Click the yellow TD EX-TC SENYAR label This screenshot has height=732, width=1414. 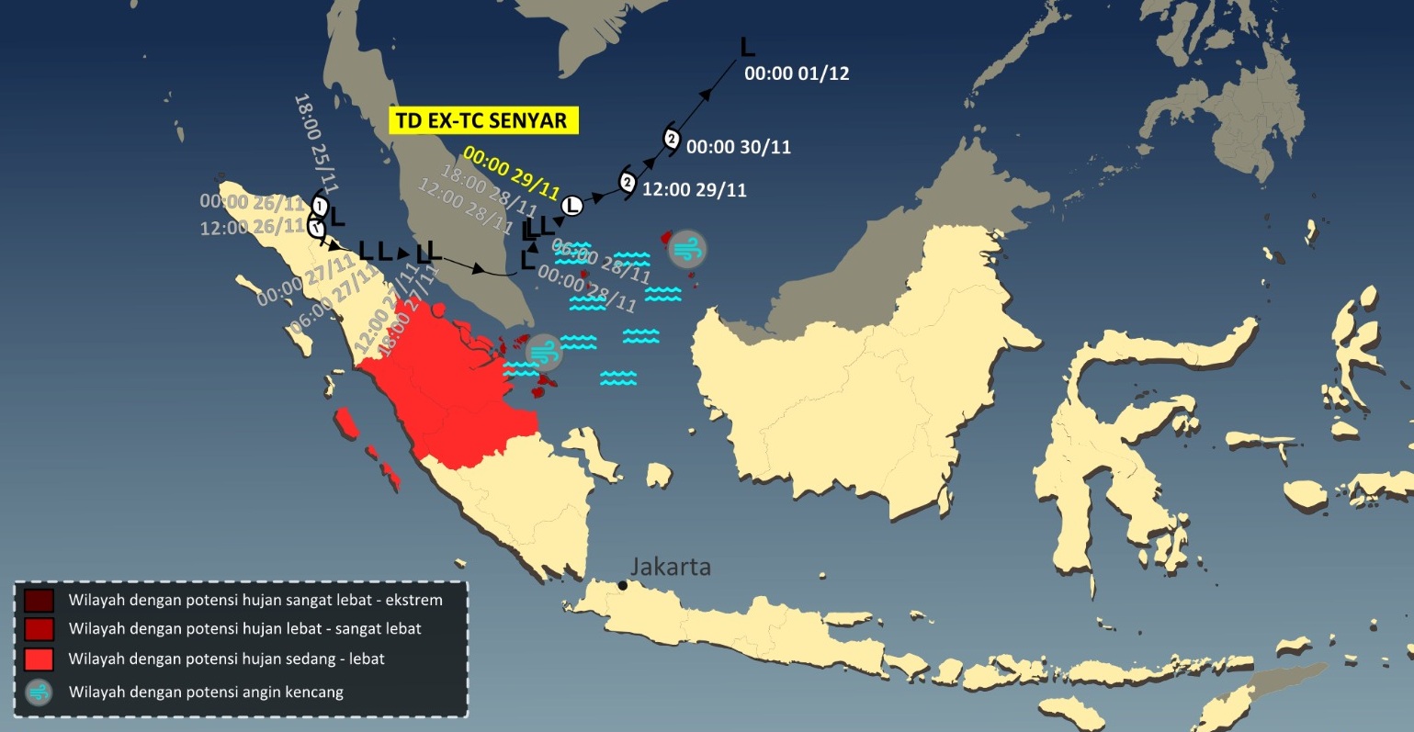(x=481, y=120)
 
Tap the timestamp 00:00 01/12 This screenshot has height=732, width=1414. (x=797, y=73)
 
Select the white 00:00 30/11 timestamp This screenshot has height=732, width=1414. (x=739, y=147)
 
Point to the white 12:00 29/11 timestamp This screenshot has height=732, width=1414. (x=694, y=190)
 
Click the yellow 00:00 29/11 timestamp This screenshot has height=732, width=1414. (x=512, y=173)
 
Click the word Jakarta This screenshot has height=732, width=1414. (x=671, y=567)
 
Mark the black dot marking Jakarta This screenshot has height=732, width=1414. (x=623, y=585)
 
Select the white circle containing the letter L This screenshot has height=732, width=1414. (x=572, y=206)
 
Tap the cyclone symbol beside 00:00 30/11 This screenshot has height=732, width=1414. (x=672, y=140)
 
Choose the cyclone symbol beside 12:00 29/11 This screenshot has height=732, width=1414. (x=628, y=183)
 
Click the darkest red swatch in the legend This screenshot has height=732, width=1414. (x=39, y=601)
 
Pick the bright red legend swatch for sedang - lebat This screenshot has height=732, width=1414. (x=39, y=659)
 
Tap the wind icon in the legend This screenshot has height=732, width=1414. (x=39, y=692)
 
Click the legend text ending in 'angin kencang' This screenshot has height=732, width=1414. (x=206, y=692)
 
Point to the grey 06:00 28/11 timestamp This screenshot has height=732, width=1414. (x=602, y=262)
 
